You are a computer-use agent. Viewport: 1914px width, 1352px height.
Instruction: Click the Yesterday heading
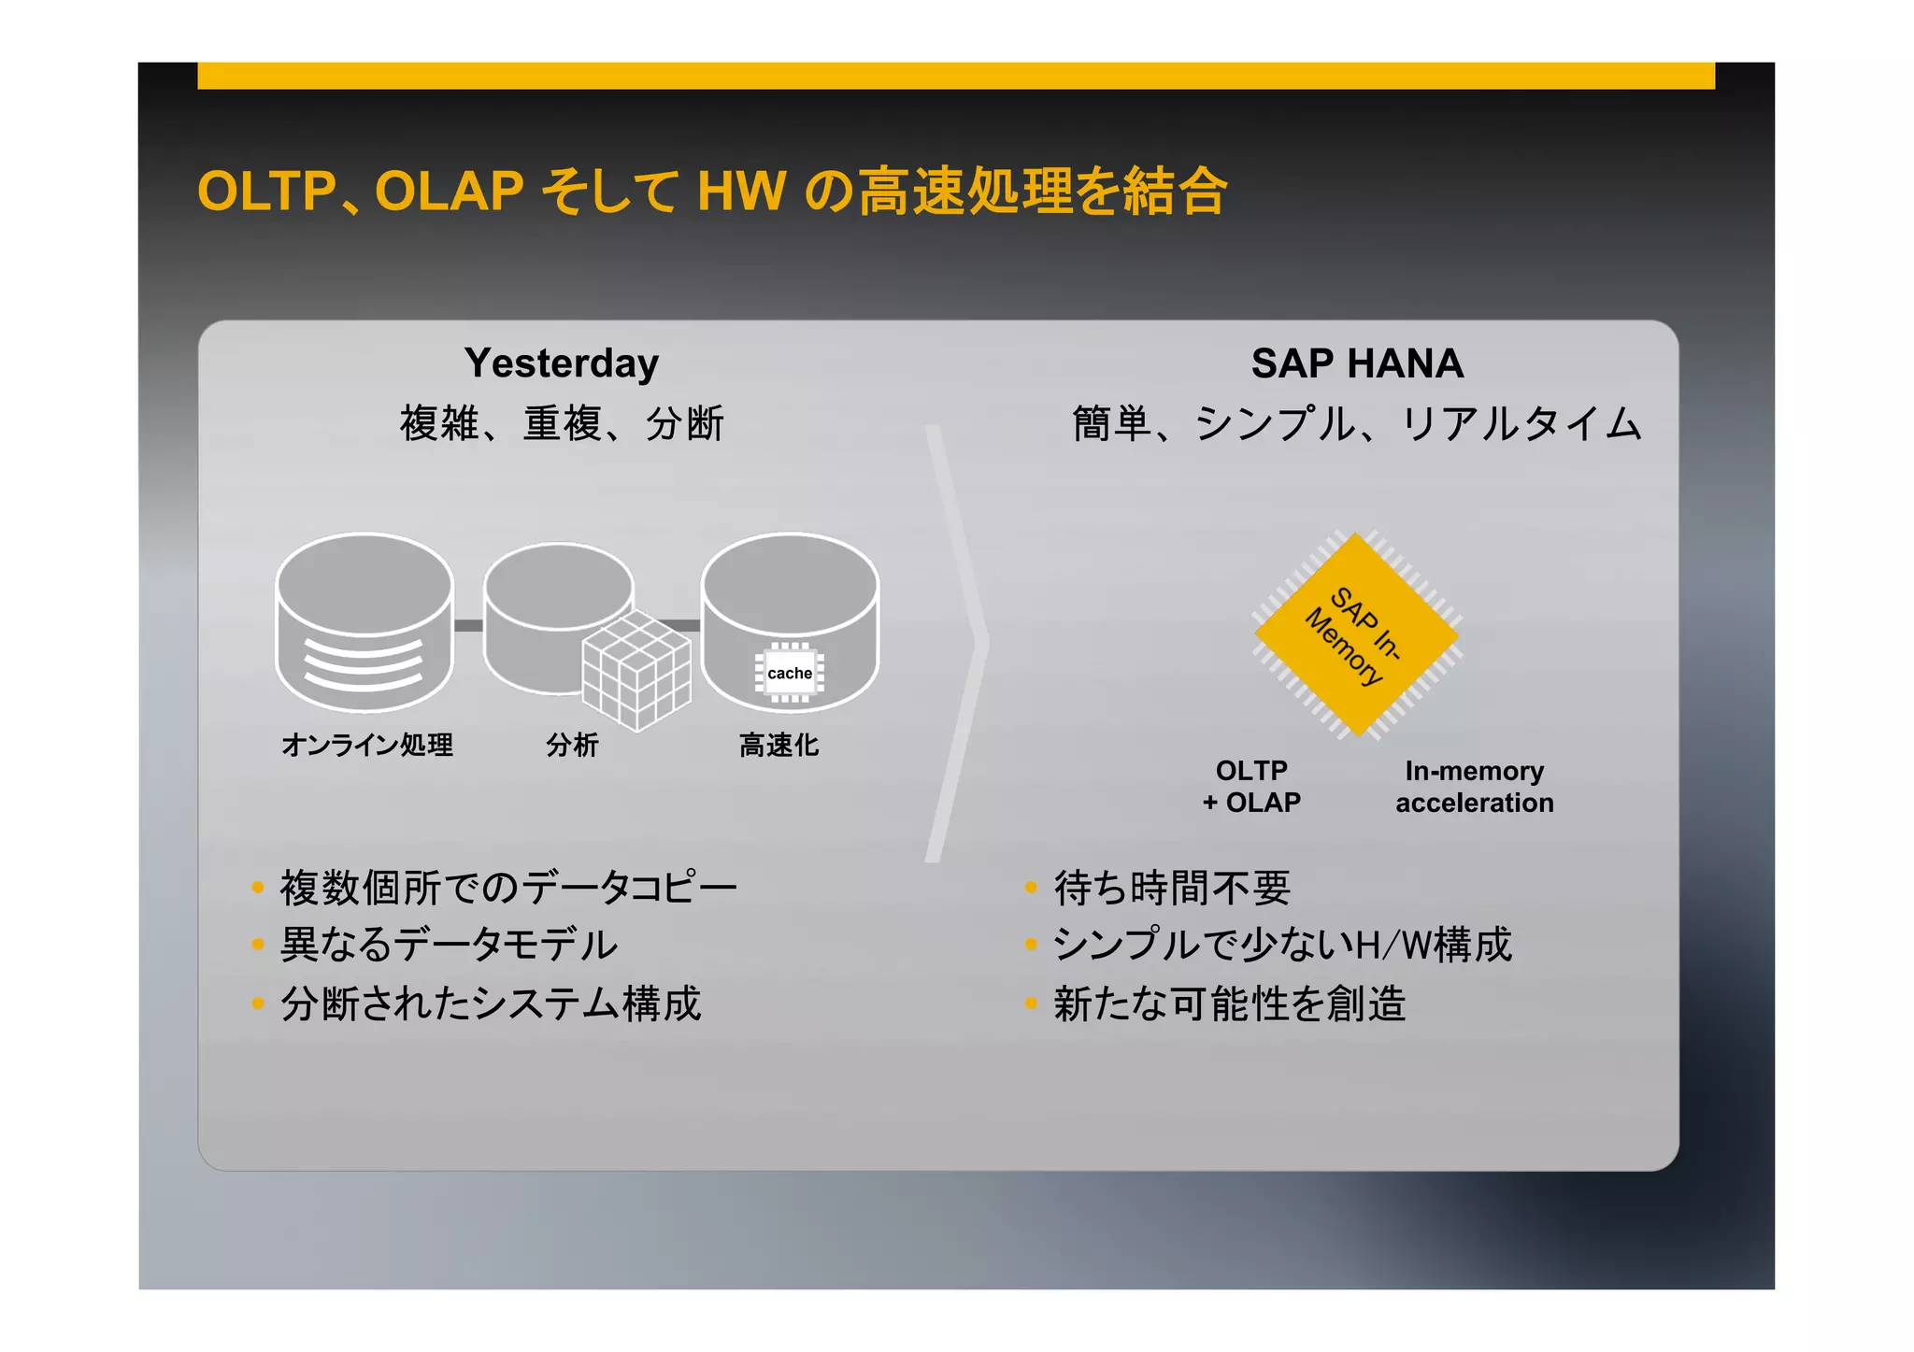point(561,363)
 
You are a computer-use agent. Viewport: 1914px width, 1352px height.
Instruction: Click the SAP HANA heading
point(1356,363)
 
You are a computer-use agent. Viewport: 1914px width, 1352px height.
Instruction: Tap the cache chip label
point(789,674)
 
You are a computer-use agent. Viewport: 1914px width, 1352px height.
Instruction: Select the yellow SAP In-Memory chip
point(1356,635)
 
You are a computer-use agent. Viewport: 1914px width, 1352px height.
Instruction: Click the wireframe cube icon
point(636,669)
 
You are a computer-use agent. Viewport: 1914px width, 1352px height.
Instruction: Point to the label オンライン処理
point(367,745)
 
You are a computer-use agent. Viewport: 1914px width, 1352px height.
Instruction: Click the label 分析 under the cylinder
point(572,745)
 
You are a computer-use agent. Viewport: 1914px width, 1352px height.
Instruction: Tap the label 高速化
point(778,745)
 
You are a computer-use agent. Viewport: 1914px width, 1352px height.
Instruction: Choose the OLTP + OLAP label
point(1251,787)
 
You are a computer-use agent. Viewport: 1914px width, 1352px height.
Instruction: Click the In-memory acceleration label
point(1474,787)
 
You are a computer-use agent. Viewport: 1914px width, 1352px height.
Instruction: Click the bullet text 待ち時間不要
point(1172,888)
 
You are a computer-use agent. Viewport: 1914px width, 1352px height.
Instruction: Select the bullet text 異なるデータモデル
point(449,945)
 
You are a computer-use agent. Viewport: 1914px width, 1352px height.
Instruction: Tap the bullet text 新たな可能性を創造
point(1229,1004)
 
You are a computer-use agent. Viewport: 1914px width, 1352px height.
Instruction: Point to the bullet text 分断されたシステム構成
point(491,1004)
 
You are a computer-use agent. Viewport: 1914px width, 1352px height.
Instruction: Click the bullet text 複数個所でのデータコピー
point(508,888)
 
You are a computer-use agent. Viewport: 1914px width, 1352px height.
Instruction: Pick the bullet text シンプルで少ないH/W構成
point(1282,945)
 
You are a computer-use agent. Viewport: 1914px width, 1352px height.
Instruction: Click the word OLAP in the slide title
point(449,192)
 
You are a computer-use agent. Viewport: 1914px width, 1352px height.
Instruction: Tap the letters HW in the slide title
point(741,192)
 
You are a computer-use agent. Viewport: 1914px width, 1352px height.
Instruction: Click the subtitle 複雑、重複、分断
point(562,423)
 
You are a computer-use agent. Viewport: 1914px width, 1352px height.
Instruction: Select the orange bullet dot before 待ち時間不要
point(1031,888)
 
